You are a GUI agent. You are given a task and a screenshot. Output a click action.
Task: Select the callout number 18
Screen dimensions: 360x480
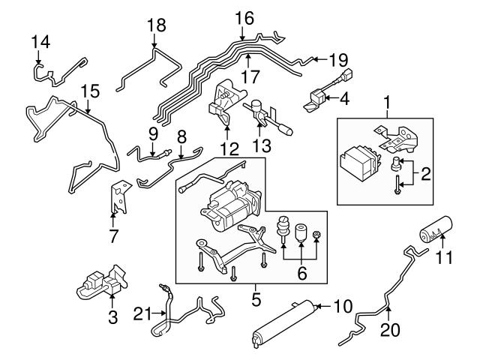tap(154, 25)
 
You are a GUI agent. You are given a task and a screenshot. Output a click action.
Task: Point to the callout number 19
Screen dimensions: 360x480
tap(339, 58)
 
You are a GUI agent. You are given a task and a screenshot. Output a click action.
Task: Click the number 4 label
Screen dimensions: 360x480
tap(344, 97)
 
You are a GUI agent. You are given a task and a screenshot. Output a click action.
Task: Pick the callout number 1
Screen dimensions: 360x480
tap(387, 100)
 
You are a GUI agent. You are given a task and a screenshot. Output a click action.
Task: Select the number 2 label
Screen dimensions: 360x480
tap(425, 175)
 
